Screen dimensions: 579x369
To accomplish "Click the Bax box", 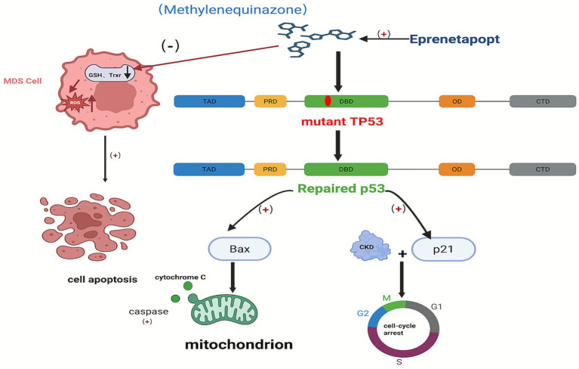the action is tap(239, 249).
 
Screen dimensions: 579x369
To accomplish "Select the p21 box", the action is tap(443, 250).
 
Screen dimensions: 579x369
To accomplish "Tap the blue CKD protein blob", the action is tap(370, 246).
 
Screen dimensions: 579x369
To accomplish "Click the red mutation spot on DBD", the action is tap(328, 101).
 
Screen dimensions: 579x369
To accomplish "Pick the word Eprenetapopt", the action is tap(454, 39).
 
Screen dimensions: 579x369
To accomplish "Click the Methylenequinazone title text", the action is tap(233, 9).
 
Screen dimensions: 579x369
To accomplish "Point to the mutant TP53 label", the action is tap(342, 121).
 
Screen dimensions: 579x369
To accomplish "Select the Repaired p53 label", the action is tap(341, 188).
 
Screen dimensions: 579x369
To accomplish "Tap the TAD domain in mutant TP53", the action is tap(209, 101).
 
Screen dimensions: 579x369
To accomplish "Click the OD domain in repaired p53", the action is tap(457, 169).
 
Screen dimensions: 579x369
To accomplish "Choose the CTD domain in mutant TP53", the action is tap(543, 101).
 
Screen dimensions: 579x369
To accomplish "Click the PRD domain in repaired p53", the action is tap(270, 169).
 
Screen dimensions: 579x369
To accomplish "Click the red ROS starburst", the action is tap(75, 103).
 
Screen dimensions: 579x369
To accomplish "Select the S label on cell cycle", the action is tap(399, 362).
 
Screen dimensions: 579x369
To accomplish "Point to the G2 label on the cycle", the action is tap(363, 313).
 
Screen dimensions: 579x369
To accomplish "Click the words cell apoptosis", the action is tap(102, 280).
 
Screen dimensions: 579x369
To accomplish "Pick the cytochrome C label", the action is tap(180, 278).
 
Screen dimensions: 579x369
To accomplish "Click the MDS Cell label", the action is tap(23, 81).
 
